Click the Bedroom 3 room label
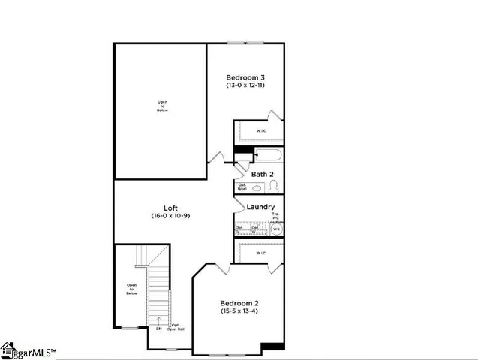tap(245, 77)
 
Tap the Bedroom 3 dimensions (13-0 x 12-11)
tap(245, 85)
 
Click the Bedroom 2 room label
tap(239, 302)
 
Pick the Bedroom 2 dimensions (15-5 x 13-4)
tap(239, 310)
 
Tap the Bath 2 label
tap(261, 174)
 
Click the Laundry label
tap(260, 207)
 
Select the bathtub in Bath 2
tap(268, 156)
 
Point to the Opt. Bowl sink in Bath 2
tap(242, 187)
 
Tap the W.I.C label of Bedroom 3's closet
tap(261, 131)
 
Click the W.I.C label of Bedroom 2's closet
tap(260, 253)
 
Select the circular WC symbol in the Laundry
tap(275, 229)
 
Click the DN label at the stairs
tap(158, 328)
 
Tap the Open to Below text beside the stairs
tap(131, 289)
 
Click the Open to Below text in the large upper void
tap(162, 106)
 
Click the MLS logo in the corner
tap(28, 350)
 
